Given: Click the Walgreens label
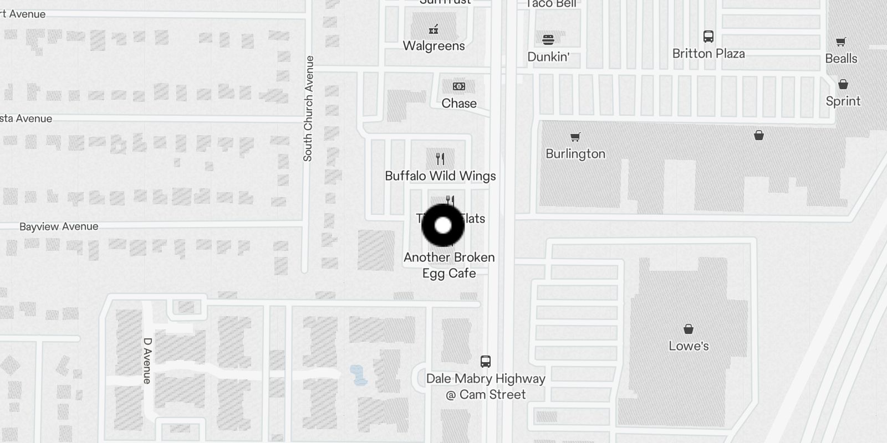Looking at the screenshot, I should coord(434,46).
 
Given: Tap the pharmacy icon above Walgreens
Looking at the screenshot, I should coord(434,29).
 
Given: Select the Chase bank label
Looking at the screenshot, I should coord(459,104).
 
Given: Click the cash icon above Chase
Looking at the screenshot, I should coord(459,86).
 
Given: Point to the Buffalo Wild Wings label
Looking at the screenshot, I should coord(440,176).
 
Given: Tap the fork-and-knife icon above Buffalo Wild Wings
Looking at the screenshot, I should coord(440,159).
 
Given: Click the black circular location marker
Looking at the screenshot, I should coord(443,225).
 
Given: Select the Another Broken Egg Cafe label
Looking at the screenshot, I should coord(449,265).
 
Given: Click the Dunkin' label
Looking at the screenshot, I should coord(548,57).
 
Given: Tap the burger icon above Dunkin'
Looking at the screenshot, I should coord(548,39).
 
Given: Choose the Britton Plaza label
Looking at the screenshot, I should coord(708,54).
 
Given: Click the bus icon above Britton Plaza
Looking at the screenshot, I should coord(708,37).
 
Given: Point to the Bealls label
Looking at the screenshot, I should coord(841,59).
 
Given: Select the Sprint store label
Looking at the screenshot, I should coord(843,101).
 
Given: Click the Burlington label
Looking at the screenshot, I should coord(575,154).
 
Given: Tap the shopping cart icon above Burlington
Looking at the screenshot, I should coord(575,137).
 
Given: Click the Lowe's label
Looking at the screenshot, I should coord(689,346).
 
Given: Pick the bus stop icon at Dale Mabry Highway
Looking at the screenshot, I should coord(486,362).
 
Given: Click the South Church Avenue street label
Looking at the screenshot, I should coord(308,109).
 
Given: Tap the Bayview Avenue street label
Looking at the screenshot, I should coord(59,226).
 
